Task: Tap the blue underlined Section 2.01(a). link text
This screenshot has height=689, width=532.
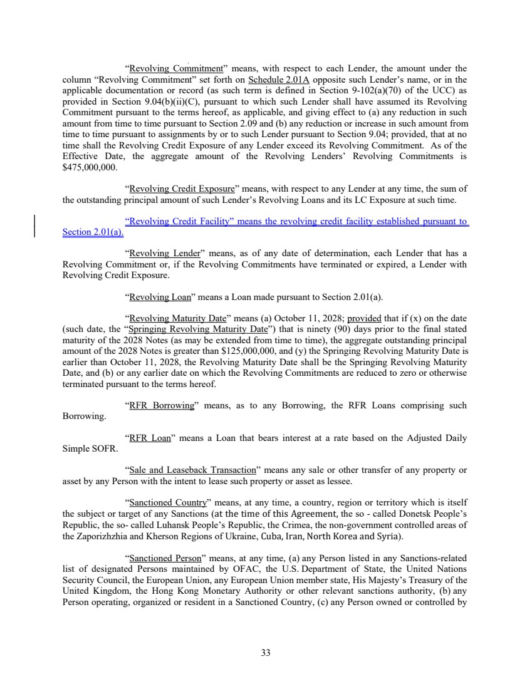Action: pyautogui.click(x=93, y=232)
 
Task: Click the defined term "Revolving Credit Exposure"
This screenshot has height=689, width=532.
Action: pyautogui.click(x=180, y=189)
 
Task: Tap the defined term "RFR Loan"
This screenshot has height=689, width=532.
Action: pyautogui.click(x=150, y=438)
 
